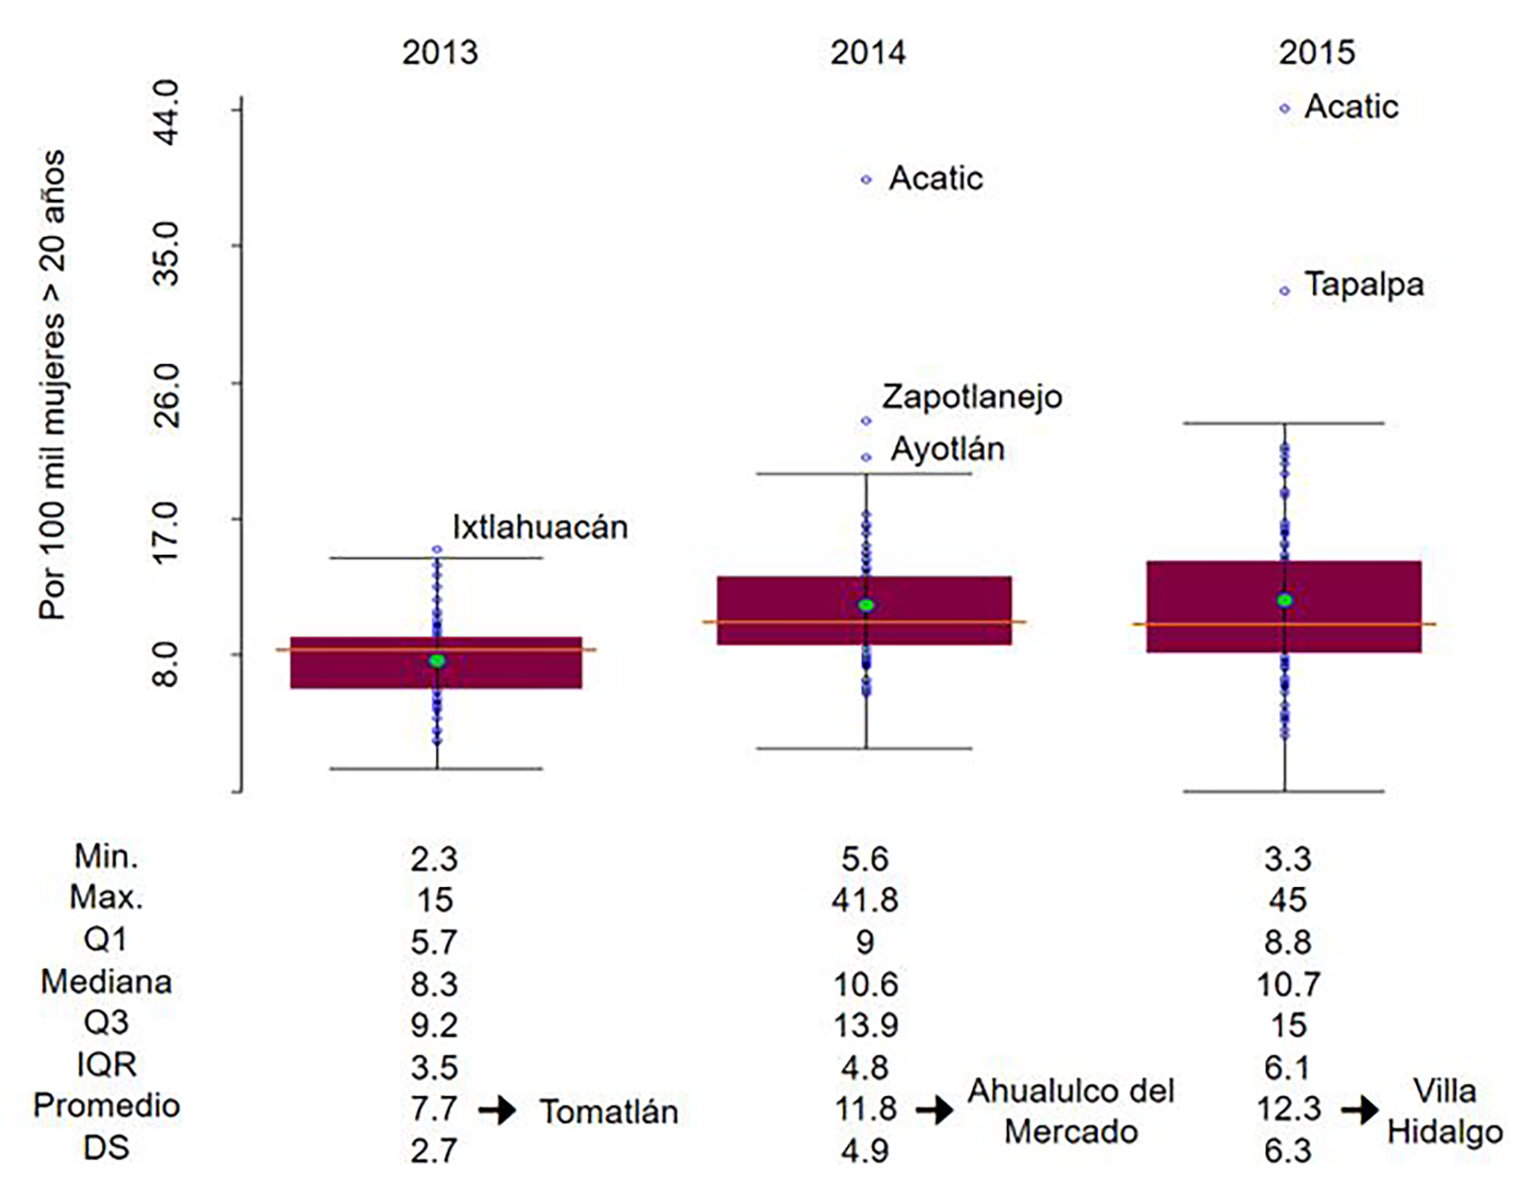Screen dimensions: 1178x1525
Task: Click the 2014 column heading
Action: [x=867, y=53]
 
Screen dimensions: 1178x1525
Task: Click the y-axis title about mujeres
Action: [x=52, y=386]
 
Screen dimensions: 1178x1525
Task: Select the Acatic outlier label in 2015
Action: [x=1350, y=107]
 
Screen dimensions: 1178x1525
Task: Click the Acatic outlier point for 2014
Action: [x=866, y=180]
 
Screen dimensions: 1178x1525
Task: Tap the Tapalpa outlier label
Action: [x=1363, y=284]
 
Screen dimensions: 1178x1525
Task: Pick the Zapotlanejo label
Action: [x=971, y=397]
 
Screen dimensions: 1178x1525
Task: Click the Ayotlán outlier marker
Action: [x=866, y=458]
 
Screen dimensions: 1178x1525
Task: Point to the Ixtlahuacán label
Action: [x=540, y=528]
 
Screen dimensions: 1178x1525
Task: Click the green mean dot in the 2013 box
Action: [x=437, y=661]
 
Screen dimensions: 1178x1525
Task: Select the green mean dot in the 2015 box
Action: [x=1284, y=600]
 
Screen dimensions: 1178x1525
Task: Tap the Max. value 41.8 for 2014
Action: [x=865, y=900]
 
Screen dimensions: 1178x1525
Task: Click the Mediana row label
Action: [x=106, y=982]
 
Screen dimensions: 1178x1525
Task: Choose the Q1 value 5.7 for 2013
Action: [x=434, y=942]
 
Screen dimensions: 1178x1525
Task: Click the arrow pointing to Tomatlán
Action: [x=498, y=1111]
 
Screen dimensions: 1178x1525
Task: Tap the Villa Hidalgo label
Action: [x=1444, y=1112]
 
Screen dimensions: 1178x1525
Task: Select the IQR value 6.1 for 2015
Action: [x=1287, y=1067]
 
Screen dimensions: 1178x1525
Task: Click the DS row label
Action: [x=106, y=1148]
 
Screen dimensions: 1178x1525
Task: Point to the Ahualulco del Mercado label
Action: [x=1071, y=1112]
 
